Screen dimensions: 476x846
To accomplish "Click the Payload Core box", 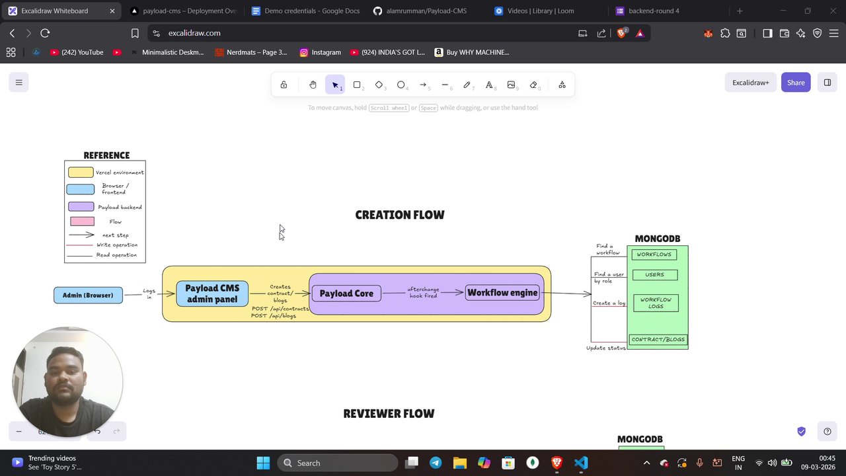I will point(346,294).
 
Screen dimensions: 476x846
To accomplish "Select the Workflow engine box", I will point(502,293).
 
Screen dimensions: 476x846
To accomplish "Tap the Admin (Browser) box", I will point(88,296).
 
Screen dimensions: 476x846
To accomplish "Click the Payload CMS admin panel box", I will point(212,294).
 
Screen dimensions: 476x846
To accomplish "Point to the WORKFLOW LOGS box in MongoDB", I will point(656,303).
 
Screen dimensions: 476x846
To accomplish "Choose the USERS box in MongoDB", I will point(654,274).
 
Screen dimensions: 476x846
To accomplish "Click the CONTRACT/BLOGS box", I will point(658,340).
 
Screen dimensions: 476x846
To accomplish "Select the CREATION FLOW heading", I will point(400,215).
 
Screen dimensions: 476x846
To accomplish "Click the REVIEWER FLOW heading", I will point(389,414).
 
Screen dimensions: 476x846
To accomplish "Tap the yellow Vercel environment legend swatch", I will point(81,173).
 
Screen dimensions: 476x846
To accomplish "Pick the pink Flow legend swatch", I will point(82,221).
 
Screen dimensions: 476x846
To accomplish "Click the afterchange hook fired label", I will point(423,292).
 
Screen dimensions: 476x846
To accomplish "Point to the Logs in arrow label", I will point(149,294).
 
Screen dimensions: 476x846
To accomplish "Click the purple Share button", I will point(796,83).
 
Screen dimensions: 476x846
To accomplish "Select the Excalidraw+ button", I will point(750,83).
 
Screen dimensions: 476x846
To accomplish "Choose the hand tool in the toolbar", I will point(313,85).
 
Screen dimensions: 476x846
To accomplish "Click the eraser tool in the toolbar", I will point(533,85).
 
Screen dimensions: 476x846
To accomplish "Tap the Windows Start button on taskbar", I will point(263,463).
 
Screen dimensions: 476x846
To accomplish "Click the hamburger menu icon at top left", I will point(19,83).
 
